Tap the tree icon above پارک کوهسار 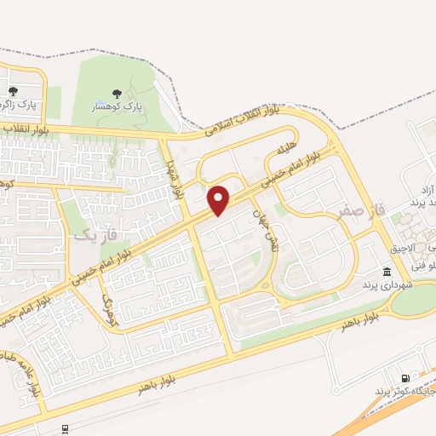(117, 94)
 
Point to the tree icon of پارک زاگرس (13, 91)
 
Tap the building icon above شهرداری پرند (387, 272)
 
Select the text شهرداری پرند (387, 284)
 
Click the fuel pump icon (404, 378)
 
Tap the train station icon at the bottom (65, 428)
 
